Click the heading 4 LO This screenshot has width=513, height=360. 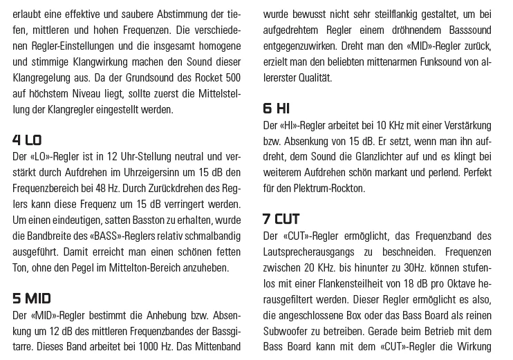tap(27, 140)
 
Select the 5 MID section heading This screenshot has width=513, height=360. tap(32, 299)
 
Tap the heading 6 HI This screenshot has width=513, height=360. tap(276, 108)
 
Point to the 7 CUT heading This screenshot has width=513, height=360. tap(281, 219)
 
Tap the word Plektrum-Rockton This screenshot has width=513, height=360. tap(321, 188)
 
